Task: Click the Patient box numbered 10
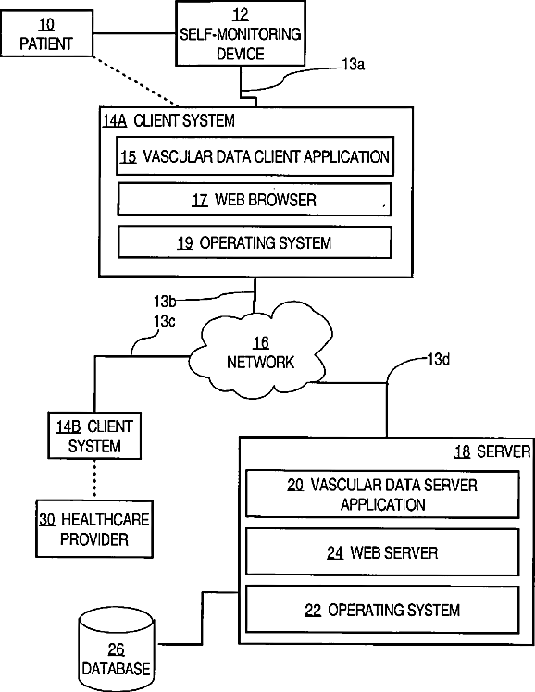47,33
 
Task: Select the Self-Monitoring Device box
241,33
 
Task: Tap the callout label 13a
354,65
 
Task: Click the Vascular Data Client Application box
255,156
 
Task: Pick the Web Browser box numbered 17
255,200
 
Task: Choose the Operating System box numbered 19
255,242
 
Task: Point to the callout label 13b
165,301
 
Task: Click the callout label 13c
164,321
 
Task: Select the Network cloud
260,352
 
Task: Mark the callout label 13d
439,359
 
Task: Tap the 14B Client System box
94,436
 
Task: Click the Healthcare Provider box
94,529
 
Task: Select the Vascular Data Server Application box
382,494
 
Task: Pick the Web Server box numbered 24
382,552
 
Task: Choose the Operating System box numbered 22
382,610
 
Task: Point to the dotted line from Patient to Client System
136,81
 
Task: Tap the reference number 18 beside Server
462,451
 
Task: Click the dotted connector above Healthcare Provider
94,480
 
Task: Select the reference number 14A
115,121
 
